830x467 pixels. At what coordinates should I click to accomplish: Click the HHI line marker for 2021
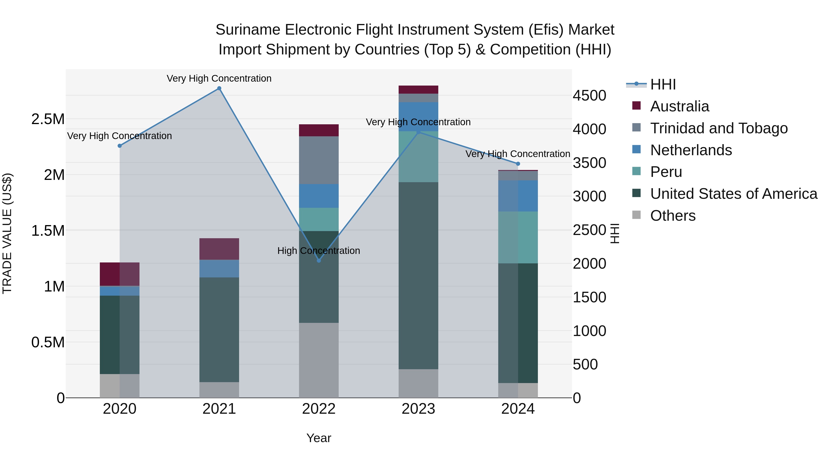pos(219,88)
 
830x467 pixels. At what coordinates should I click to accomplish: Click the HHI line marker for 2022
pos(319,260)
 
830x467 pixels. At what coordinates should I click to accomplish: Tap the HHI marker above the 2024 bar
pos(518,164)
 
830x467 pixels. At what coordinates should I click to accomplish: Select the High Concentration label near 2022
pos(318,250)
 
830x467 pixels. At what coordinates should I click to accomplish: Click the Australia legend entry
pos(679,106)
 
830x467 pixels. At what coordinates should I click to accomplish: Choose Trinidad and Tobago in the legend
pos(718,128)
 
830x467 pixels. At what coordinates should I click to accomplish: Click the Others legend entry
pos(673,216)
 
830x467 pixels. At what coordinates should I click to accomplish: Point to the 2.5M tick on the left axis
pos(48,119)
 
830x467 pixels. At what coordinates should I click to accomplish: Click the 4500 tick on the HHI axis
pos(589,96)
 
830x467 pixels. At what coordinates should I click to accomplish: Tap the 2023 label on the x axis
pos(418,409)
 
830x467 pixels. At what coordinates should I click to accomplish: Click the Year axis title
pos(319,438)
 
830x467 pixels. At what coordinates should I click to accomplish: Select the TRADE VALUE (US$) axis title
pos(7,233)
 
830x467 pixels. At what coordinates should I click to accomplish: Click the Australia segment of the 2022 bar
pos(319,130)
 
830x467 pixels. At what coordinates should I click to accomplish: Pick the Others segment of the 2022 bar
pos(319,360)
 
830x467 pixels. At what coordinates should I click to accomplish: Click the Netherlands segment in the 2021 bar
pos(219,268)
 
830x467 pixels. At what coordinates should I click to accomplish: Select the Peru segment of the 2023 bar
pos(418,157)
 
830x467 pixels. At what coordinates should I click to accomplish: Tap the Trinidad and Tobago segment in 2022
pos(319,160)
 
